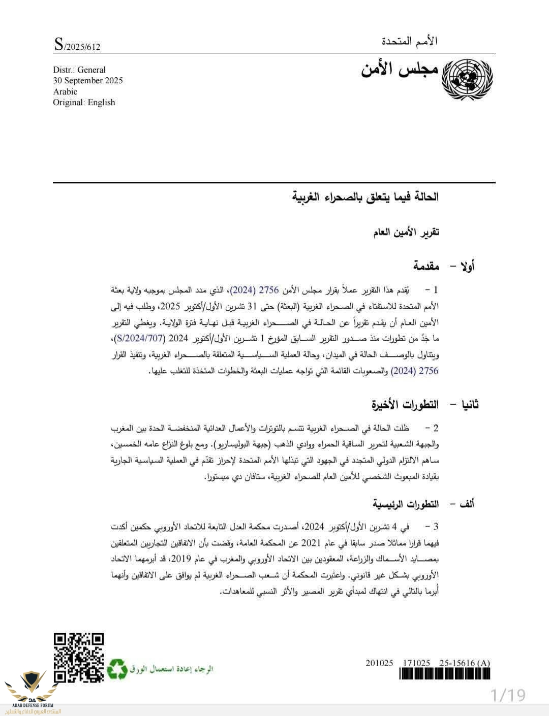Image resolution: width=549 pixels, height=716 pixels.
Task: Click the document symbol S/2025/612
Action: pyautogui.click(x=77, y=45)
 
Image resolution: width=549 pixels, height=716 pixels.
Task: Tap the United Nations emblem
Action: pyautogui.click(x=467, y=78)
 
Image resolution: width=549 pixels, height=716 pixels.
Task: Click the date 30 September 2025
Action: pyautogui.click(x=88, y=81)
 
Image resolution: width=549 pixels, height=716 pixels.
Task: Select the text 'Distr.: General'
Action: pyautogui.click(x=79, y=70)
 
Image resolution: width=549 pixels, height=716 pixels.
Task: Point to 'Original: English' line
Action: pyautogui.click(x=84, y=103)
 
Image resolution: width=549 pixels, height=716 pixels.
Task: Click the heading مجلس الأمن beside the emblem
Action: pyautogui.click(x=400, y=70)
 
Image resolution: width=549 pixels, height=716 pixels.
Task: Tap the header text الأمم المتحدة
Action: pyautogui.click(x=410, y=41)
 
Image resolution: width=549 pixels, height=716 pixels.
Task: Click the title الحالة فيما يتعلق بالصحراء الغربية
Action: pyautogui.click(x=365, y=197)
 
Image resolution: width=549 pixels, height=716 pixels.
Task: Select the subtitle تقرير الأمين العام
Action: pyautogui.click(x=406, y=233)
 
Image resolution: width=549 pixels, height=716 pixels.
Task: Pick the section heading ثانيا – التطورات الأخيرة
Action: pyautogui.click(x=425, y=405)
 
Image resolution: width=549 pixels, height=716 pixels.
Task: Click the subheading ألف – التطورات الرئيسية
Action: pyautogui.click(x=423, y=504)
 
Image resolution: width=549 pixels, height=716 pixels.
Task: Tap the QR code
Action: pyautogui.click(x=79, y=658)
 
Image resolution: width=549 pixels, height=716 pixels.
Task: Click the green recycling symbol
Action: pyautogui.click(x=117, y=669)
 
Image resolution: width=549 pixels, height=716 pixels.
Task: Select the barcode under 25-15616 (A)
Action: pyautogui.click(x=444, y=674)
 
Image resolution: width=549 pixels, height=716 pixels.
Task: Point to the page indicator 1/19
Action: pyautogui.click(x=508, y=695)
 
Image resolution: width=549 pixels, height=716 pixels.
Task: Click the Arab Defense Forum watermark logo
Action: pyautogui.click(x=32, y=690)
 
